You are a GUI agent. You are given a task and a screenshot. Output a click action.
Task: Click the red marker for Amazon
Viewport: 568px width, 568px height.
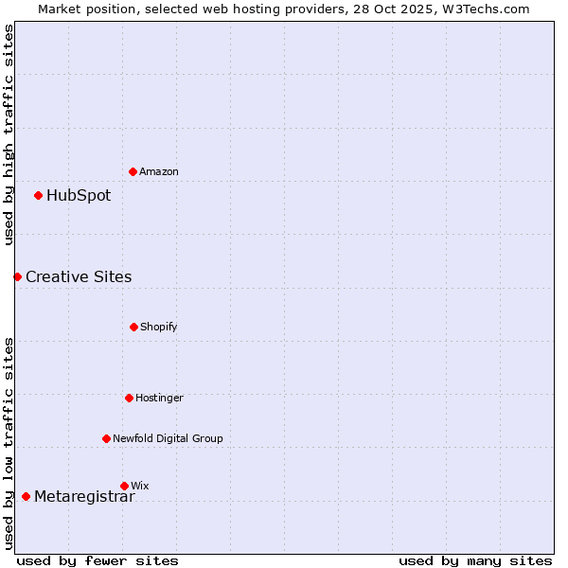[133, 171]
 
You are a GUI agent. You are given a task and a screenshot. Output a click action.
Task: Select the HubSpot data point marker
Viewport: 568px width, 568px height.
[38, 196]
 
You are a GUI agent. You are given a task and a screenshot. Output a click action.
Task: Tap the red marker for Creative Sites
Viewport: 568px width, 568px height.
[17, 276]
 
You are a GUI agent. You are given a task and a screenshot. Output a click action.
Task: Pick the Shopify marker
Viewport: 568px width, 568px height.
[133, 327]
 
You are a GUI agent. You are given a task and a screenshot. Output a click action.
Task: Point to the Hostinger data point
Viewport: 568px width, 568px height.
[129, 398]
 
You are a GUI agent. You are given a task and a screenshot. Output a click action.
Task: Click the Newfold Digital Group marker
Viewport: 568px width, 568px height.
[106, 438]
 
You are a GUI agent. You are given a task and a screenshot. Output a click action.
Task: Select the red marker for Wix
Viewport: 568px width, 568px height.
[124, 486]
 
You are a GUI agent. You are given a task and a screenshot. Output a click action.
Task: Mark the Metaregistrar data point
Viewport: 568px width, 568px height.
[26, 497]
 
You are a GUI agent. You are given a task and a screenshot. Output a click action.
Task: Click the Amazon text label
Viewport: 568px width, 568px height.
[159, 171]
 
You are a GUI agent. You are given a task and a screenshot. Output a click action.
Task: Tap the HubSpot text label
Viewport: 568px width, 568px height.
[79, 196]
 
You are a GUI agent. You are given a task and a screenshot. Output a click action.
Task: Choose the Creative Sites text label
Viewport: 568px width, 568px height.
[79, 276]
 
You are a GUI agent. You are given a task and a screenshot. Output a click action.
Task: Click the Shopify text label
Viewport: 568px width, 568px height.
[159, 327]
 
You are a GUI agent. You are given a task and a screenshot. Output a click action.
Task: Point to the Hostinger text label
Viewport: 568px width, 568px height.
[159, 398]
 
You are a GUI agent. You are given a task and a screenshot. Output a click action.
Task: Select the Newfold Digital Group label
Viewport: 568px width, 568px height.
[168, 438]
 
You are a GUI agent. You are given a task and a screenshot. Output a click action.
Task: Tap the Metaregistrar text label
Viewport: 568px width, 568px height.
[84, 497]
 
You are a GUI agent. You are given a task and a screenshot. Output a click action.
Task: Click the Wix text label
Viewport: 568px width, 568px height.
[140, 486]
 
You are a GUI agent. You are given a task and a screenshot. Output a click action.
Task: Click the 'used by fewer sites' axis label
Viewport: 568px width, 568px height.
[98, 560]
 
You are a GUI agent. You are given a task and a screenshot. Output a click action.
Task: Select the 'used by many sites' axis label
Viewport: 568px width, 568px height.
[475, 560]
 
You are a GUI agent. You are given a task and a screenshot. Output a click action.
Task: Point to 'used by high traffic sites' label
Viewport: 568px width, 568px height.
[9, 134]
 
